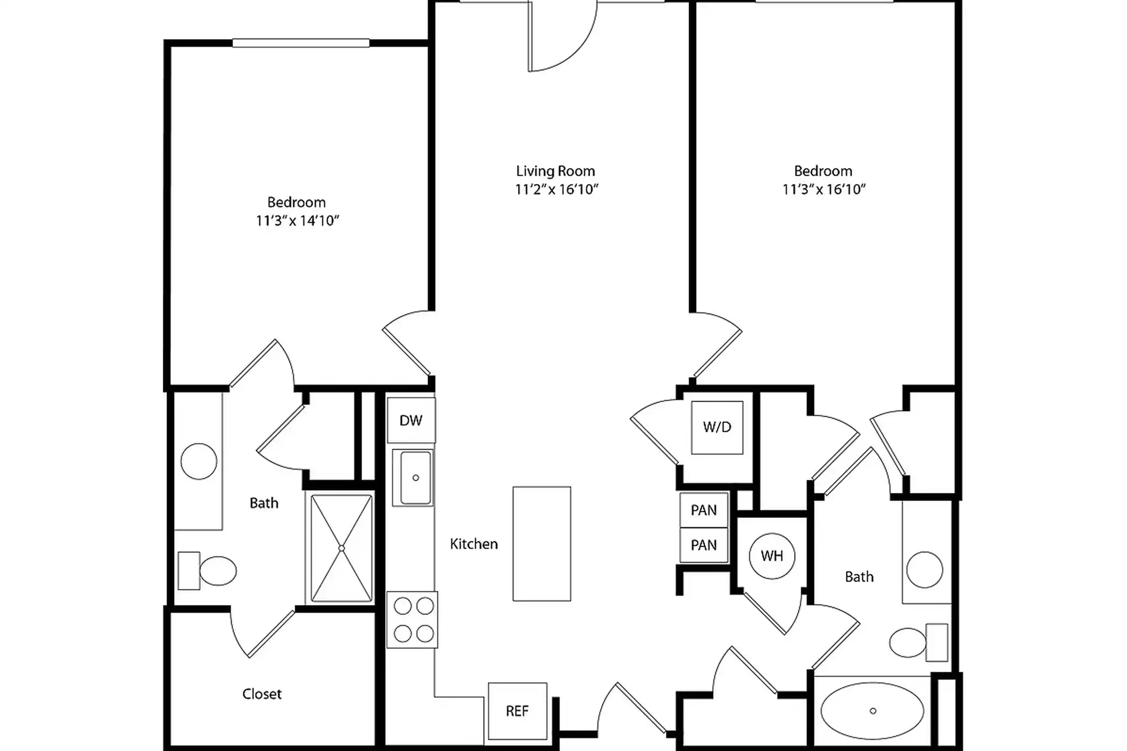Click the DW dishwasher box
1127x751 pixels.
[411, 420]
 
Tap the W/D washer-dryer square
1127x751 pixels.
[717, 427]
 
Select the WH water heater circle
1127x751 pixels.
[772, 556]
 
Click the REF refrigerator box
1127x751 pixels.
[517, 711]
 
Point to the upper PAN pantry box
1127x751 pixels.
[703, 510]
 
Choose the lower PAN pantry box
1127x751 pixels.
[703, 545]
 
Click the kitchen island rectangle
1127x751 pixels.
[542, 543]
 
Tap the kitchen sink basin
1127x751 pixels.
[415, 477]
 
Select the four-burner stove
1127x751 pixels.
[412, 620]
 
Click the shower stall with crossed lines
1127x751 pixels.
[341, 548]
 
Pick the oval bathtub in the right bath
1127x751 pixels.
[872, 711]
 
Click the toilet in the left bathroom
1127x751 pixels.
[209, 571]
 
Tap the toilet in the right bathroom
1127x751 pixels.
[917, 643]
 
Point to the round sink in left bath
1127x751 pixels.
[199, 461]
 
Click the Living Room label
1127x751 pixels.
[555, 171]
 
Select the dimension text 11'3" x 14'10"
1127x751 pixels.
[297, 221]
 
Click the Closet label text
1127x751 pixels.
[261, 694]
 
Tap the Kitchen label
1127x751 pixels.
[474, 544]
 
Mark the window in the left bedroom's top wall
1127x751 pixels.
[301, 43]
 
